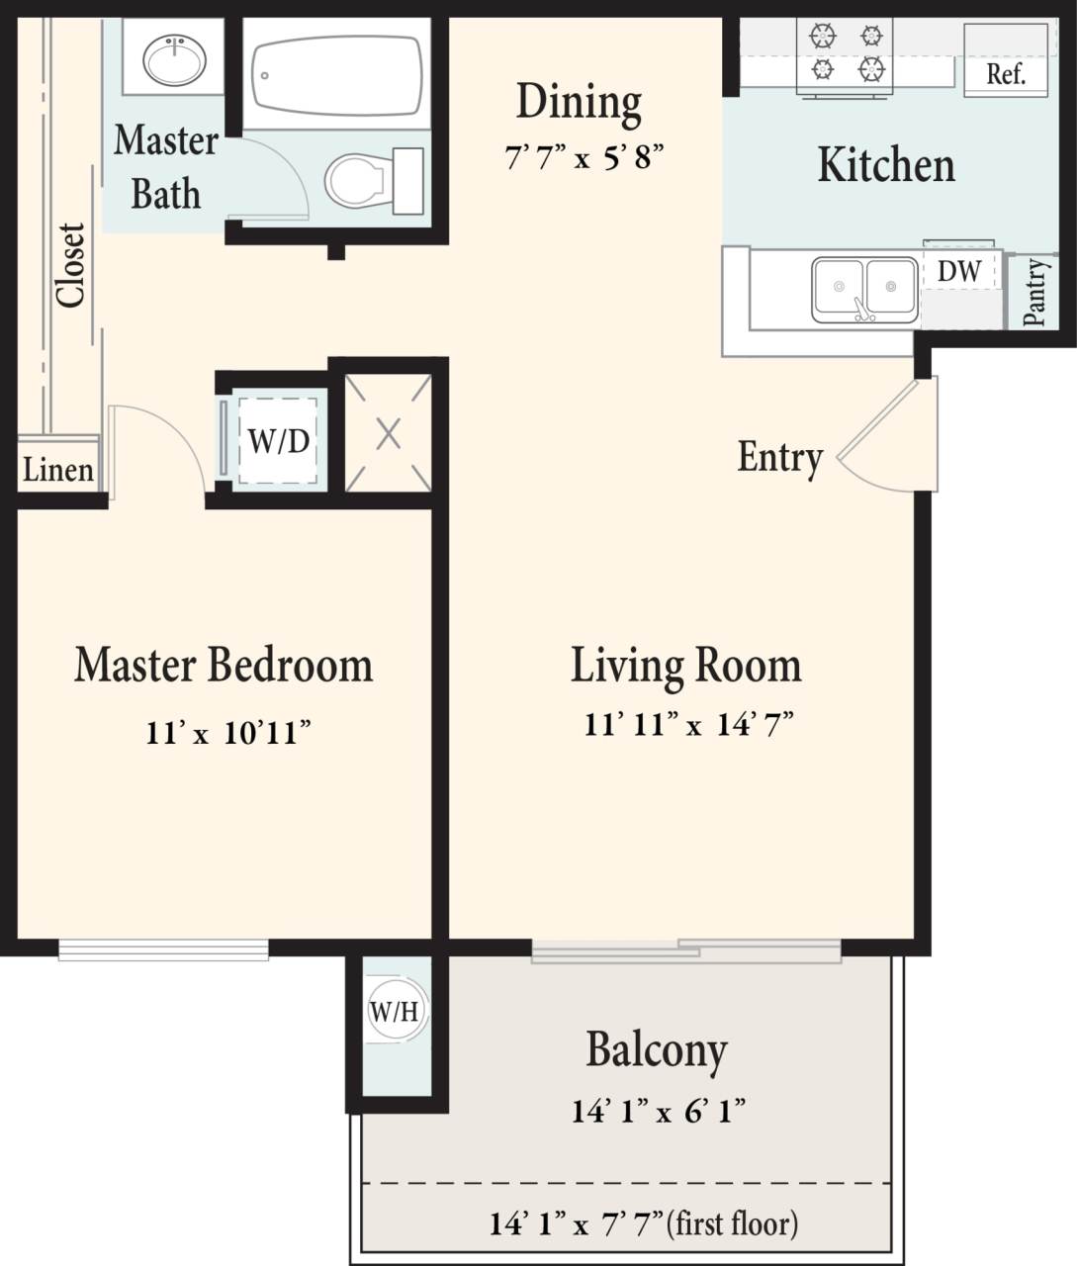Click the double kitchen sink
pos(864,288)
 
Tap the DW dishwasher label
pos(958,271)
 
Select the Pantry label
pos(1034,292)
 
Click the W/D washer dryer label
pos(278,441)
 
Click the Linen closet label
pos(58,470)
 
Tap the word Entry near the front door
pos(780,457)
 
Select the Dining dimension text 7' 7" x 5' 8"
pos(583,156)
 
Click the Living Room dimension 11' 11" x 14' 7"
pos(688,724)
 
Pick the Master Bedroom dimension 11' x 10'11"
pos(228,733)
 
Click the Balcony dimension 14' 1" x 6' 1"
pos(658,1111)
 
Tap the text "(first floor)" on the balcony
pos(733,1223)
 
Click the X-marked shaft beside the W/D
pos(388,433)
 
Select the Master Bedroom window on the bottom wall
pos(163,949)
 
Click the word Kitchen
pos(886,165)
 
